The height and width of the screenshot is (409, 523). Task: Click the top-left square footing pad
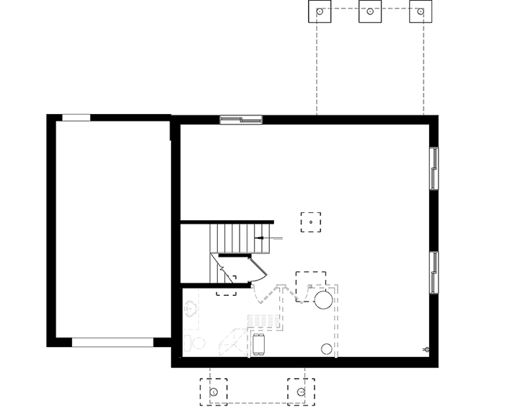pyautogui.click(x=320, y=12)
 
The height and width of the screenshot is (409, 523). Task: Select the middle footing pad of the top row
pyautogui.click(x=369, y=12)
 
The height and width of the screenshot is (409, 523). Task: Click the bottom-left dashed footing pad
pyautogui.click(x=214, y=391)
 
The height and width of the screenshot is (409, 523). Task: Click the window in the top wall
pyautogui.click(x=240, y=119)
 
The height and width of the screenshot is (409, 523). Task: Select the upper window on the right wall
pyautogui.click(x=434, y=169)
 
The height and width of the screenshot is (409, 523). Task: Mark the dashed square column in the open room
pyautogui.click(x=311, y=222)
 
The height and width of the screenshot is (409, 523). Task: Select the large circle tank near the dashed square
pyautogui.click(x=322, y=299)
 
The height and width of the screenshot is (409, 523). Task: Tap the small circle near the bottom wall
pyautogui.click(x=326, y=350)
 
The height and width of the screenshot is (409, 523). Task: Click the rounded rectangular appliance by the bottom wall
pyautogui.click(x=258, y=344)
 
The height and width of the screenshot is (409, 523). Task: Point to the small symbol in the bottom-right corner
pyautogui.click(x=426, y=349)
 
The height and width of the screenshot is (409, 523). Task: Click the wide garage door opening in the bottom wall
pyautogui.click(x=113, y=342)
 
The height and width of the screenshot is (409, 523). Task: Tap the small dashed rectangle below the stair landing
pyautogui.click(x=226, y=289)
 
